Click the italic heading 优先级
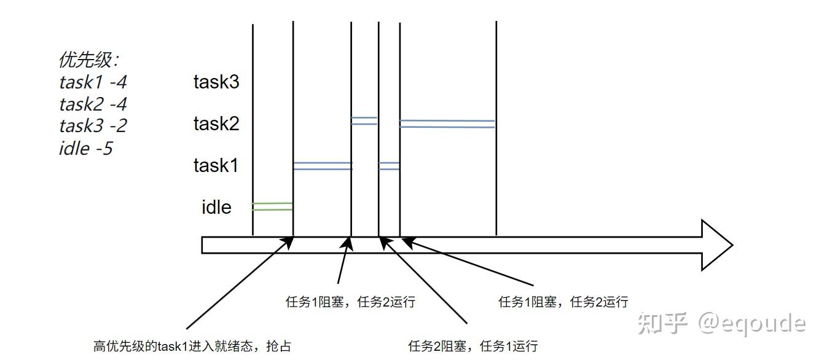coord(88,60)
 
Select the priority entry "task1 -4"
coord(93,82)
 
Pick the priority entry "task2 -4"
coord(93,104)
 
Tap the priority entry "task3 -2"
coord(93,126)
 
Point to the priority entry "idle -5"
coord(85,148)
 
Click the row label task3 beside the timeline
coord(216,82)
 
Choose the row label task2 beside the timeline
coord(216,124)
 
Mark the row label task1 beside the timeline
coord(216,165)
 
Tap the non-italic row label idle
coord(216,208)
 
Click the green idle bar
coord(272,206)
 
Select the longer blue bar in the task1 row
coord(322,165)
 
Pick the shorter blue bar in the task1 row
coord(389,165)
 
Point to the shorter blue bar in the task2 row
coord(364,121)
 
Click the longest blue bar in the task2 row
coord(447,124)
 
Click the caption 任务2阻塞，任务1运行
coord(472,346)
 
